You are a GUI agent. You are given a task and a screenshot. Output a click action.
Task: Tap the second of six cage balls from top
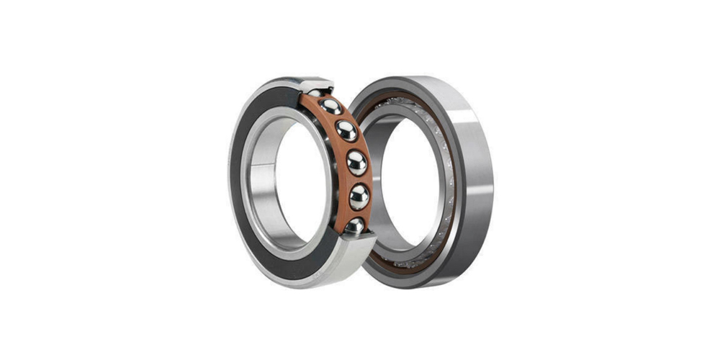click(x=331, y=107)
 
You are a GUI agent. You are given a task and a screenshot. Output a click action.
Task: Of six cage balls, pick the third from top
click(x=346, y=130)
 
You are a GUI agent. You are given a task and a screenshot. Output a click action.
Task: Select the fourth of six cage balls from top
click(x=356, y=163)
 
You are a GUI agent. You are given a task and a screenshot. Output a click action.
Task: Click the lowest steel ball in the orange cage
click(x=354, y=226)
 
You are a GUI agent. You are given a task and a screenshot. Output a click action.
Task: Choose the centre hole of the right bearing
click(x=407, y=180)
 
